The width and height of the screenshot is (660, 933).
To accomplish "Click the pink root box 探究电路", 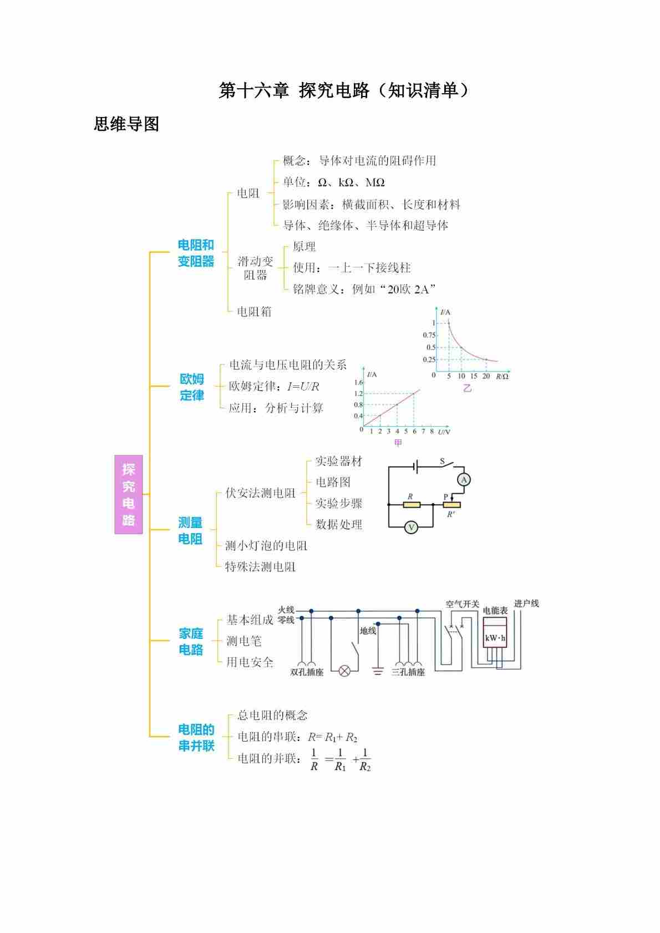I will [128, 494].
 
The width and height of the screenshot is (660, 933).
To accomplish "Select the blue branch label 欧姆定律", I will [192, 387].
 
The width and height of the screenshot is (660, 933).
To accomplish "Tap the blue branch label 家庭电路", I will [191, 641].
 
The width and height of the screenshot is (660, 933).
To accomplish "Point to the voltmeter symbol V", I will [411, 528].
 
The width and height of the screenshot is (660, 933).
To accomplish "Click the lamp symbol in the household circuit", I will [344, 671].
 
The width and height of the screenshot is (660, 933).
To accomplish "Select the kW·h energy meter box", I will [495, 638].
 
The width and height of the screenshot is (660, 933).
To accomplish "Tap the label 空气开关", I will [462, 604].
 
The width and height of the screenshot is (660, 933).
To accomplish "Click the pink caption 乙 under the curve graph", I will [467, 388].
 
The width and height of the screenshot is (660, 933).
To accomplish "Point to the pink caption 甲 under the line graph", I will [398, 442].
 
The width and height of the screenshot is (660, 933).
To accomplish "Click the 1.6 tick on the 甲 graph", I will [358, 383].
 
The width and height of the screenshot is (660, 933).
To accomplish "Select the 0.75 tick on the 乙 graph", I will [429, 335].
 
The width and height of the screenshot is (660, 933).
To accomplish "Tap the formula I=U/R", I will [303, 387].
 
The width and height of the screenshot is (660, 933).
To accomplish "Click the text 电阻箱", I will [254, 312].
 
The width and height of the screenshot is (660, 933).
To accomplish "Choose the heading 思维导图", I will [126, 124].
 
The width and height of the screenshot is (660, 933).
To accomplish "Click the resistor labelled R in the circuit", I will [411, 505].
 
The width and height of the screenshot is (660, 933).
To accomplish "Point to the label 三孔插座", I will [408, 672].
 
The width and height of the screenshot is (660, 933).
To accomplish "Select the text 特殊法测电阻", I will [260, 567].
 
